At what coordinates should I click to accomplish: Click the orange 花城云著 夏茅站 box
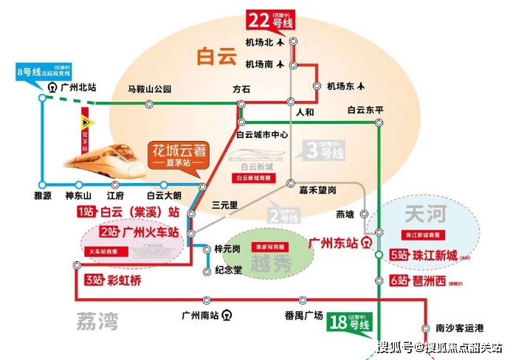click(x=179, y=153)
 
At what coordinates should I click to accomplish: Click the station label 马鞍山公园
click(x=149, y=89)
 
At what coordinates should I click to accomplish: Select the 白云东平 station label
click(x=365, y=110)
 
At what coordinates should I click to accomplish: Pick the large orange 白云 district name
click(x=214, y=56)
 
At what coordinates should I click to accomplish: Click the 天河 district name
click(x=426, y=215)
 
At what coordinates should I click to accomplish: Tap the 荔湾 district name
click(x=97, y=319)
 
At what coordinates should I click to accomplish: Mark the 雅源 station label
click(x=44, y=195)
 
